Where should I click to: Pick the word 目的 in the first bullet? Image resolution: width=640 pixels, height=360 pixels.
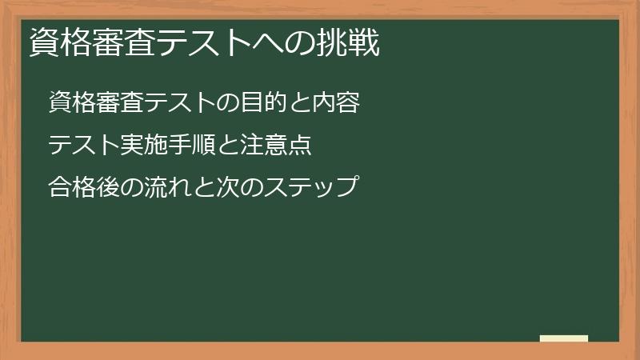click(x=267, y=102)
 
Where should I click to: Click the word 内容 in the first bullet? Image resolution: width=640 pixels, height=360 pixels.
click(x=336, y=102)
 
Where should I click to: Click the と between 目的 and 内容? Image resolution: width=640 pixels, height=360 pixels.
click(x=302, y=102)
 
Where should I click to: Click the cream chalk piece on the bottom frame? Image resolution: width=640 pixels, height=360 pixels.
click(x=563, y=338)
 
